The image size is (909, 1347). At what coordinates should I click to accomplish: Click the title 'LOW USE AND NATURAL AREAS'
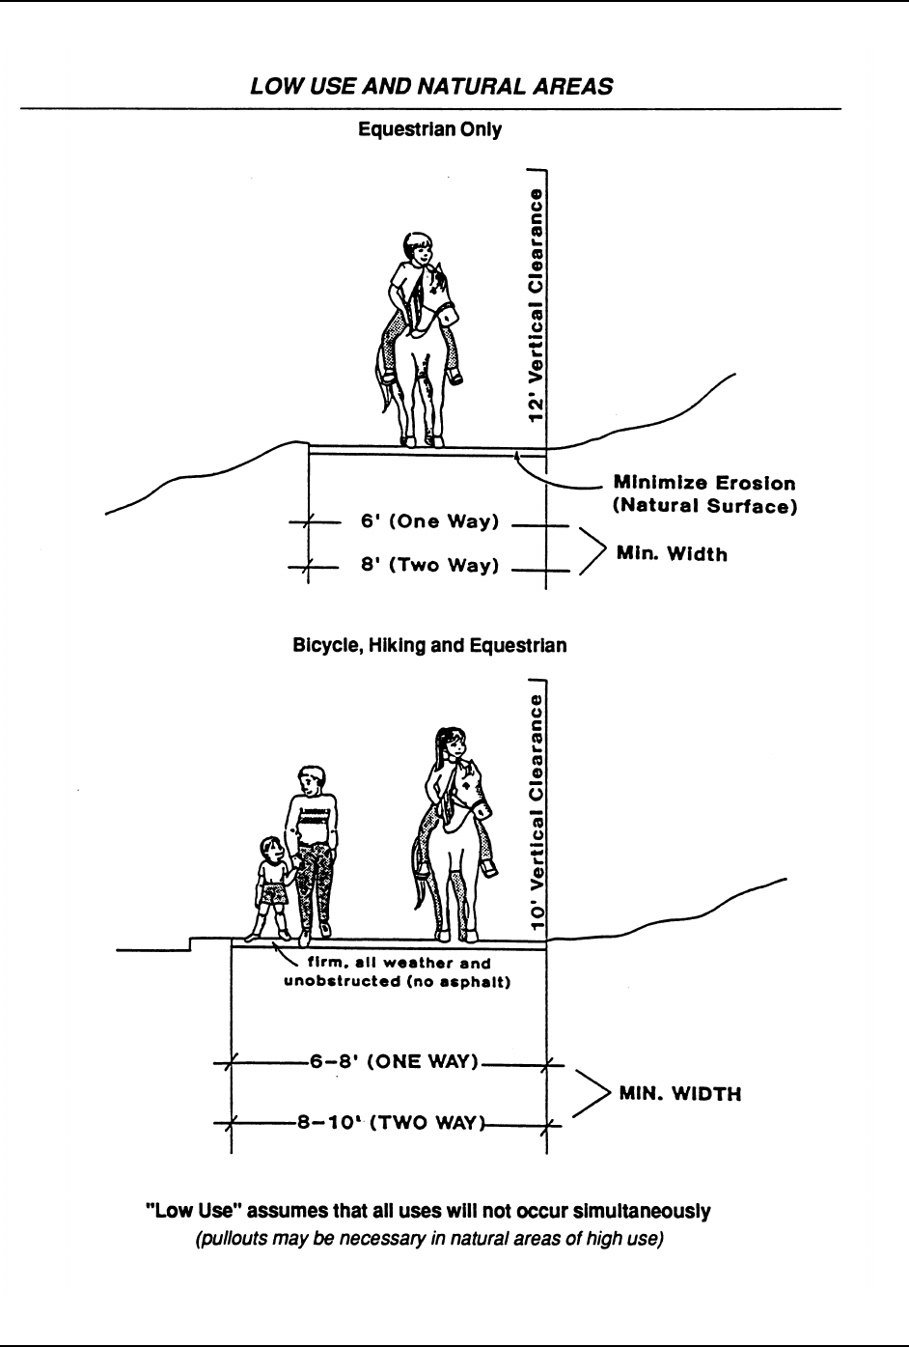click(430, 87)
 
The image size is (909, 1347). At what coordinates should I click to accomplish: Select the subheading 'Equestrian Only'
click(430, 129)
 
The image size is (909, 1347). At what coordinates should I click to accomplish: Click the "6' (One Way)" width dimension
click(429, 522)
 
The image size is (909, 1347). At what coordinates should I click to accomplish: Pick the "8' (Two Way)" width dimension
click(429, 566)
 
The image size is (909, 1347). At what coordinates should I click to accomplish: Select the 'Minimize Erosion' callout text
click(704, 483)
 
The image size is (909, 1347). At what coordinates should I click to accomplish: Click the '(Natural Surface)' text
click(704, 505)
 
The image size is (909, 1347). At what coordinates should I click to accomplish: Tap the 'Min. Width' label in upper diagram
click(672, 554)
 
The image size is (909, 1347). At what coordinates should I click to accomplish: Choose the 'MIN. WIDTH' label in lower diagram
click(679, 1095)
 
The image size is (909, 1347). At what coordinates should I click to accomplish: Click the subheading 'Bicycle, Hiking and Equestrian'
click(429, 645)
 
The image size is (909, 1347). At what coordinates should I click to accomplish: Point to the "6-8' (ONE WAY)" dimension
click(393, 1061)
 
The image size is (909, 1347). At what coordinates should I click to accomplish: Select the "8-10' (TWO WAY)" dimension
click(393, 1122)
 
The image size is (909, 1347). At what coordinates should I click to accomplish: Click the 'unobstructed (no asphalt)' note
click(396, 983)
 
